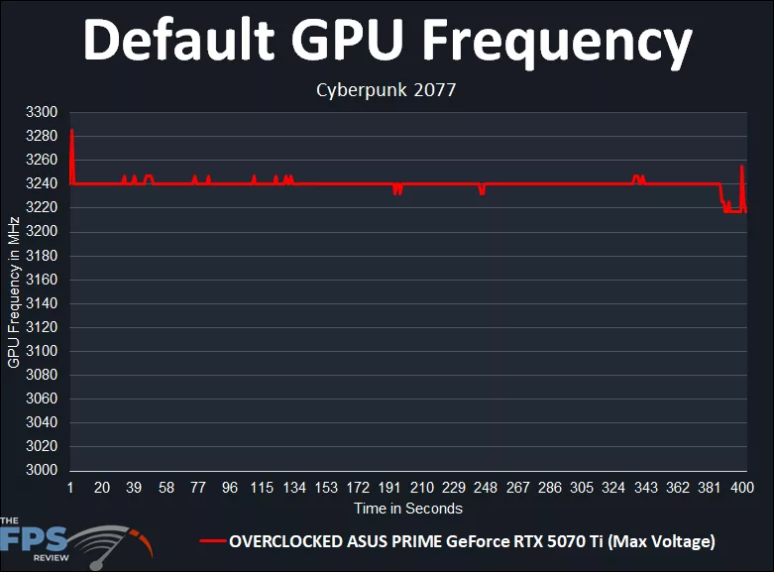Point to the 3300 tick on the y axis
tap(43, 112)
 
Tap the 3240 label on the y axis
tap(43, 183)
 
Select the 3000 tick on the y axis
tap(43, 470)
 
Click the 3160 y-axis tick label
tap(43, 280)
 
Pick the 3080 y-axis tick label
tap(43, 375)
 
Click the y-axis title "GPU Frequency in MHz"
tap(14, 291)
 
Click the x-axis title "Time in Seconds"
tap(408, 508)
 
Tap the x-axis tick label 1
tap(70, 488)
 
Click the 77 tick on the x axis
tap(198, 488)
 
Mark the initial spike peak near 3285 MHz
tap(72, 131)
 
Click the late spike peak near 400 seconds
tap(741, 167)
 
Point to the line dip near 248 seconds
tap(482, 192)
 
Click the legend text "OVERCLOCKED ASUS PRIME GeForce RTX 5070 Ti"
tap(472, 541)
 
